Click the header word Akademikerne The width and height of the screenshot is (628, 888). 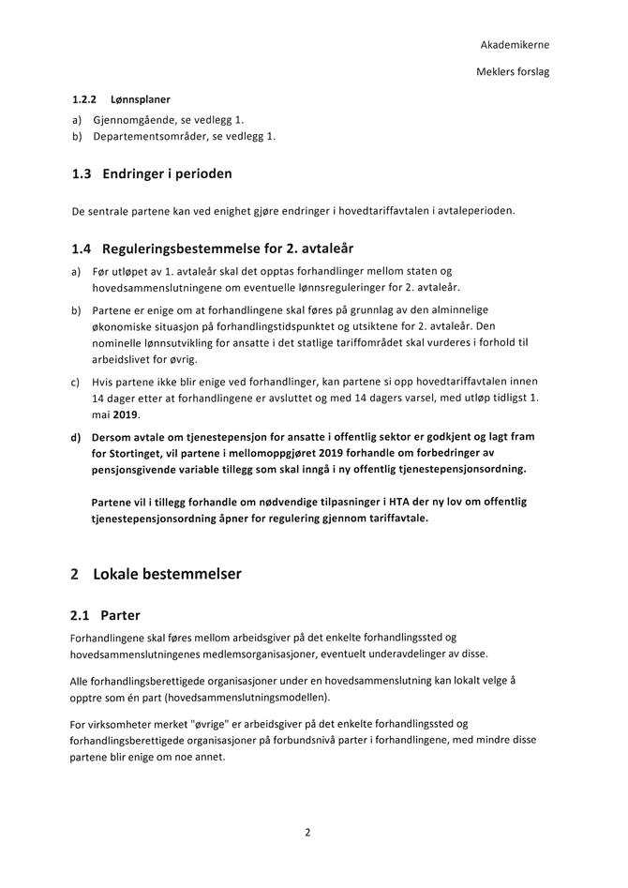pyautogui.click(x=515, y=44)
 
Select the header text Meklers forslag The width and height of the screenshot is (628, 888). pyautogui.click(x=513, y=71)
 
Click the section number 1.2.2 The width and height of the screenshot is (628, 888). pyautogui.click(x=85, y=98)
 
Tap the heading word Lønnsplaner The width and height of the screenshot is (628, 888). pyautogui.click(x=141, y=98)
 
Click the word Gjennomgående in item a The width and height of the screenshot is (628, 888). pyautogui.click(x=130, y=120)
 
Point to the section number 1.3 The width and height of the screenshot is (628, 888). pyautogui.click(x=82, y=173)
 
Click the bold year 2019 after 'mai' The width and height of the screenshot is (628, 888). pyautogui.click(x=125, y=414)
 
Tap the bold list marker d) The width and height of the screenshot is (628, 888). pyautogui.click(x=76, y=437)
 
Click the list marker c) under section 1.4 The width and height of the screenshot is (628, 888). pyautogui.click(x=75, y=383)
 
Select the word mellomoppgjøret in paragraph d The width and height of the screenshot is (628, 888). pyautogui.click(x=280, y=453)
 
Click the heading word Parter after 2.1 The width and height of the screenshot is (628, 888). pyautogui.click(x=120, y=616)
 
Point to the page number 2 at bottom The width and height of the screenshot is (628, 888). pyautogui.click(x=307, y=832)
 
